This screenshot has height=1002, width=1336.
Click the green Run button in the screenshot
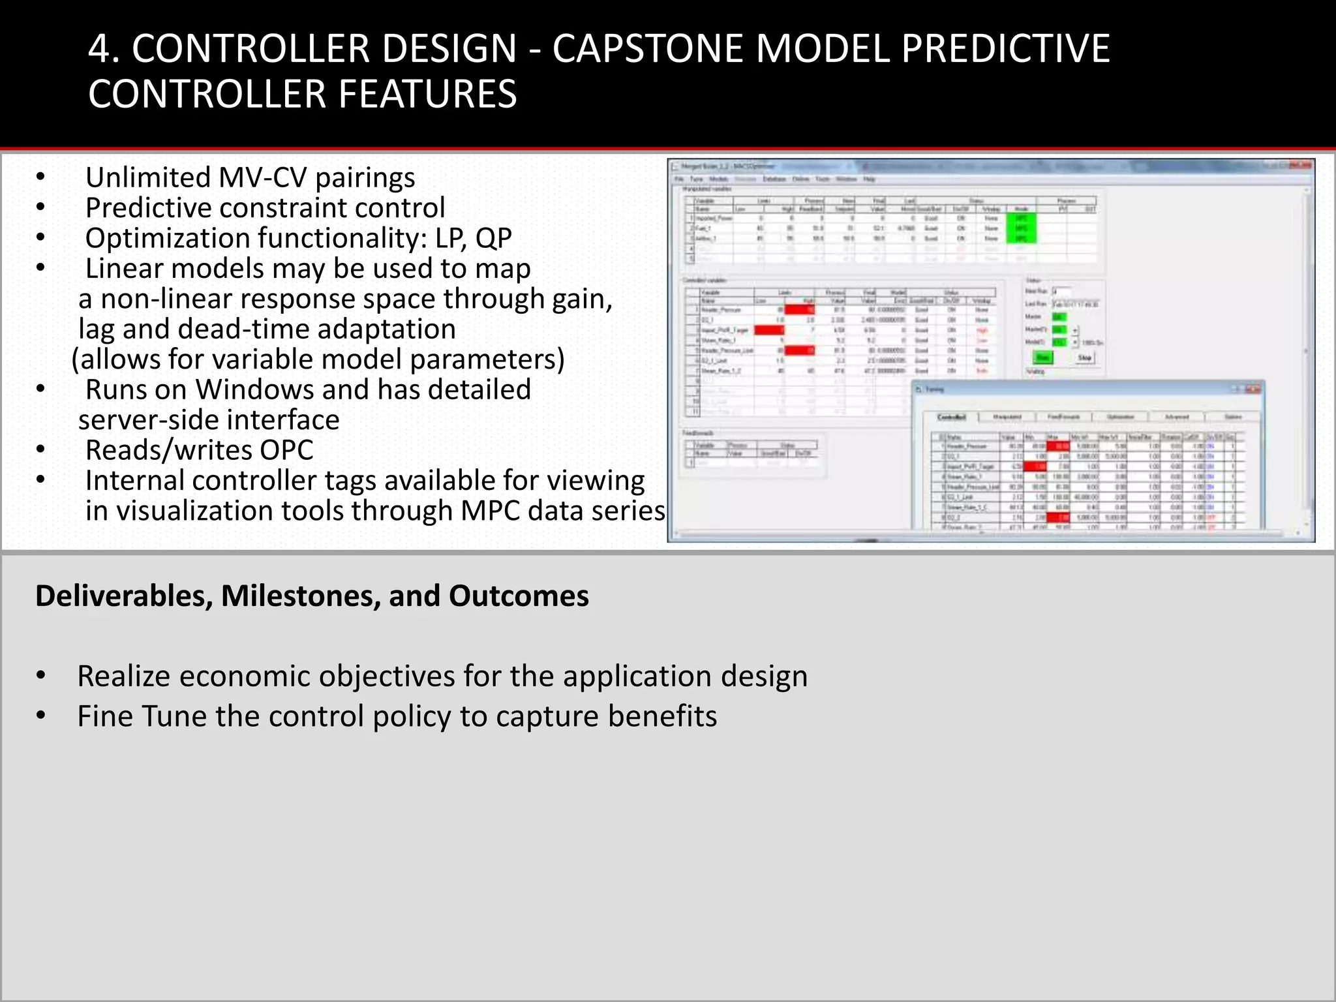coord(1042,357)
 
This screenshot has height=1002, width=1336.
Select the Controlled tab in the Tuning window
coord(951,417)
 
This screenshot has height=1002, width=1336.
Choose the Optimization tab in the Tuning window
coord(1121,417)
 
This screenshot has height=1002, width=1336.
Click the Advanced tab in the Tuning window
coord(1177,417)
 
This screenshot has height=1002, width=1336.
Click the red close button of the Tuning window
coord(1253,389)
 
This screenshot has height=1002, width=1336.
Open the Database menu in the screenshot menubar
coord(774,179)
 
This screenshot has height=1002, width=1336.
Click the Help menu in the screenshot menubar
coord(869,179)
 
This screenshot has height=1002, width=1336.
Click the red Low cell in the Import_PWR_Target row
coord(769,330)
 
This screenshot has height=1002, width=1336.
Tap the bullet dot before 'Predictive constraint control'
coord(40,208)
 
